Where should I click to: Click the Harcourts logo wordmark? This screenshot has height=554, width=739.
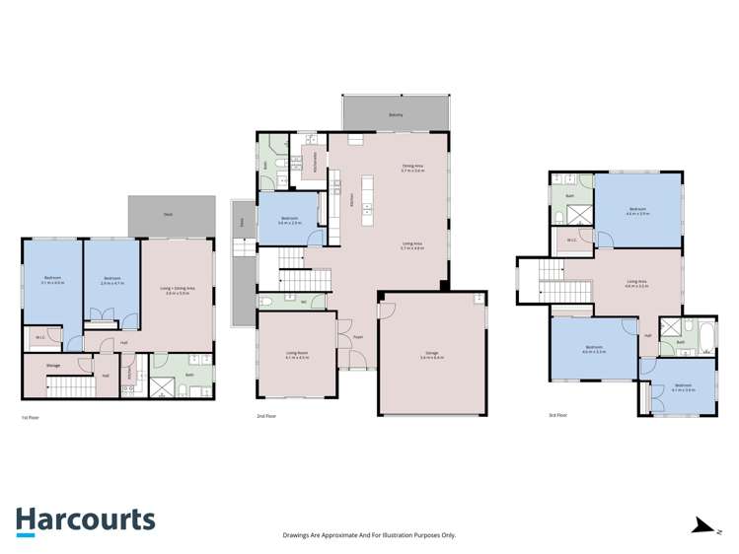(x=85, y=519)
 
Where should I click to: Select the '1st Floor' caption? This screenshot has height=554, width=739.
(x=30, y=417)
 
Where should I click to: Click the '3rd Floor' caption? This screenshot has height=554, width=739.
(x=558, y=415)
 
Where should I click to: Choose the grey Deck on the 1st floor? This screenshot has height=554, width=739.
(x=171, y=215)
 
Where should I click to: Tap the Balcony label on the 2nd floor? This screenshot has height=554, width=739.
(x=396, y=114)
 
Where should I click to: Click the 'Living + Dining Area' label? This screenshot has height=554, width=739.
(x=178, y=290)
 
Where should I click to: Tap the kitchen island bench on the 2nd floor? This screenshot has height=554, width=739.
(x=367, y=195)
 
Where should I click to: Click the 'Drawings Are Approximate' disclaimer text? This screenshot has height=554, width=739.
(x=369, y=535)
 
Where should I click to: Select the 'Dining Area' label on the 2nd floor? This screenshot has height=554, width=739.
(x=411, y=168)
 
